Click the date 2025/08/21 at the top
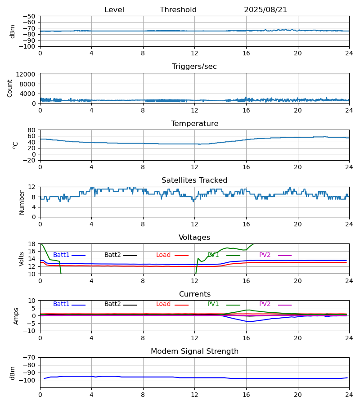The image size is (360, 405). [x=265, y=10]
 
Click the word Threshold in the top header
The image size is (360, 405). [x=178, y=10]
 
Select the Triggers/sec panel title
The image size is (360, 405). [x=194, y=67]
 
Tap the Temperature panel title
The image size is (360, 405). [x=194, y=124]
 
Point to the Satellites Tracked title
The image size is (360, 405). [x=194, y=180]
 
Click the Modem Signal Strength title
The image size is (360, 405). [x=194, y=351]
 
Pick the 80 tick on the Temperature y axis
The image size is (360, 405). [x=33, y=130]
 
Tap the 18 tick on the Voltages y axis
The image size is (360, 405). [x=33, y=244]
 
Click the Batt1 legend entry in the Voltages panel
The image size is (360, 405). [x=62, y=255]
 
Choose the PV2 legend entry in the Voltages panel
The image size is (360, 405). [x=265, y=255]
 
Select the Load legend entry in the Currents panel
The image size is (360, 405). [x=163, y=304]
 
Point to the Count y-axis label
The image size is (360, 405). [x=10, y=89]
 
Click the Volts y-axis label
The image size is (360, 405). [x=22, y=259]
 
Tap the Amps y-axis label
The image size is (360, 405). [x=17, y=316]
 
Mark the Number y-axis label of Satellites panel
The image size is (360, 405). [x=22, y=202]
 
